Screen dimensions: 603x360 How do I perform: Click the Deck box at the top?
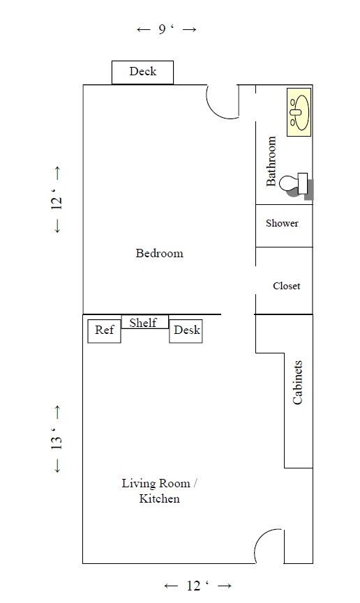[142, 72]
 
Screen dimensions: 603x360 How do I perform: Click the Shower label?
[282, 224]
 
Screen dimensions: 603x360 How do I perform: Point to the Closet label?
[286, 286]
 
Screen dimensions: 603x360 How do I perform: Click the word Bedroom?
[159, 253]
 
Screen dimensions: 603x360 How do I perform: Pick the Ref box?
[104, 330]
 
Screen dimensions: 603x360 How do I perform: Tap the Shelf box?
[144, 322]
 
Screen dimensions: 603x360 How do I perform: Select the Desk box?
[186, 330]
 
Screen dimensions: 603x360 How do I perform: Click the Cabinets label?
[298, 383]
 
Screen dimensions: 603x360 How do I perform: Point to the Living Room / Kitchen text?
[160, 491]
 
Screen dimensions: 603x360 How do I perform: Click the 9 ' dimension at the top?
[166, 29]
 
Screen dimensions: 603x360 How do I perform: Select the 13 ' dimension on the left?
[57, 440]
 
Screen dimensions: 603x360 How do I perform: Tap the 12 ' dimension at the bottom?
[197, 586]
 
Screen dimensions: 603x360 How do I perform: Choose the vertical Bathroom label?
[272, 161]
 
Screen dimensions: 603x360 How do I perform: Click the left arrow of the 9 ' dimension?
[144, 29]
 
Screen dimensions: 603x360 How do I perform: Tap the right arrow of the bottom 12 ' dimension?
[224, 586]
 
